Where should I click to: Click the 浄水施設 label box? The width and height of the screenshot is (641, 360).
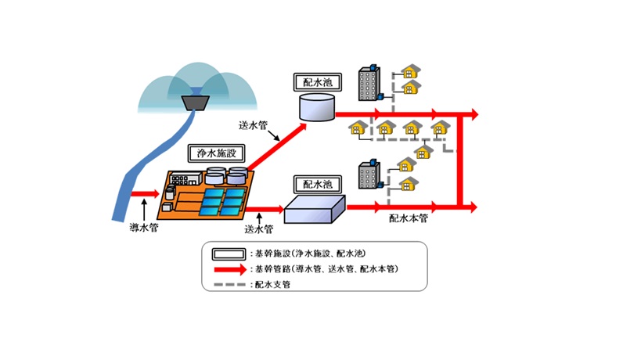coord(216,153)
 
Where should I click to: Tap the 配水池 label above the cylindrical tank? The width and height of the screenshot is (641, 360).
coord(318,82)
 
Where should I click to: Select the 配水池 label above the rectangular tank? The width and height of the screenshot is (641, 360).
coord(318,184)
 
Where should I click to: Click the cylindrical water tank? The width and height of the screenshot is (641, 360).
coord(317,107)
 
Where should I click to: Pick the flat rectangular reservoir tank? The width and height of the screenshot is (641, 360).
coord(315,209)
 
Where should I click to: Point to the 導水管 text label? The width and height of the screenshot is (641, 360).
coord(144,228)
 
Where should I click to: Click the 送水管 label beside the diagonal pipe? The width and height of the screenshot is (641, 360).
coord(253,125)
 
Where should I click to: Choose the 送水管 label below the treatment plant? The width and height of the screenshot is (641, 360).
coord(259,229)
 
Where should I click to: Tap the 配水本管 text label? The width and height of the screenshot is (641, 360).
coord(409,218)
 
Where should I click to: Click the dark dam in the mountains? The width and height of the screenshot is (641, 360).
coord(196,103)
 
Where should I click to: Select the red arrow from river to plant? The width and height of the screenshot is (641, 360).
coord(145,193)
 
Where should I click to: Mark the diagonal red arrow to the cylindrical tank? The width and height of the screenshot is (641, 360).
coord(277,146)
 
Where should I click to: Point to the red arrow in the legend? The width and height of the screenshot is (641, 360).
coord(231,269)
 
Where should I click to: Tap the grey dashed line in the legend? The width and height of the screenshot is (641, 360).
coord(230,284)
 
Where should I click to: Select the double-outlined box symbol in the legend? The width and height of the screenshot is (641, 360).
coord(229,254)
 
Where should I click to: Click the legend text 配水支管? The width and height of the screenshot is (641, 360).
coord(272,284)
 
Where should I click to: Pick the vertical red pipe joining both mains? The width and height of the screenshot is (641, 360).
coord(460,160)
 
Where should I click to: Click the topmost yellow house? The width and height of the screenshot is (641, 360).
coord(410,71)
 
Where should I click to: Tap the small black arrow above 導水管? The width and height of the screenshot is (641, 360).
coord(144,210)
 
